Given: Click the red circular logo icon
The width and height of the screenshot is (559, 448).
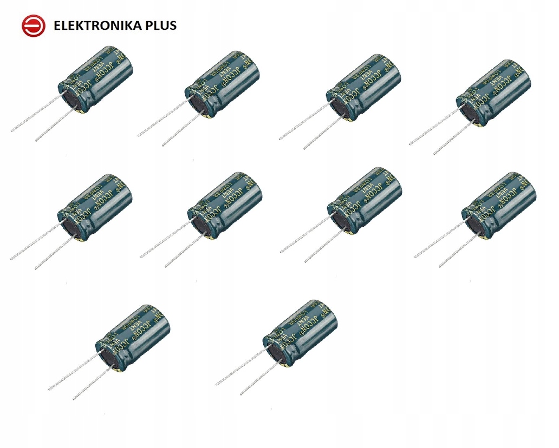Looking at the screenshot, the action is [x=34, y=25].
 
